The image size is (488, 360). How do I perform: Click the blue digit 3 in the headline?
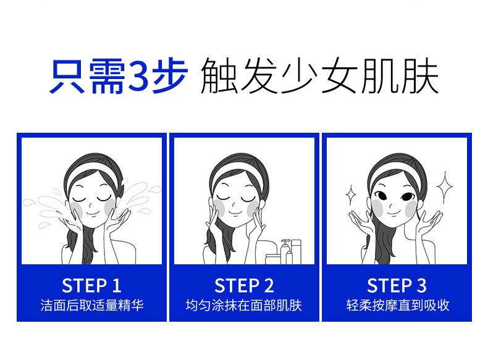138,75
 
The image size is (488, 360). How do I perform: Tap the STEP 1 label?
91,285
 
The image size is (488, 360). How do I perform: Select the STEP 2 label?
244,285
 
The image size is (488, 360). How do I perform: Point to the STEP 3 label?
397,285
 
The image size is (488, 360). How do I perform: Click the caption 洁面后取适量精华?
92,306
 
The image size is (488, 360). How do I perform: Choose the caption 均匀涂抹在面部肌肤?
243,306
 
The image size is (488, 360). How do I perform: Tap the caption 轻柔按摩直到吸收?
398,306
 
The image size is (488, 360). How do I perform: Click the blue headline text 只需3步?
119,75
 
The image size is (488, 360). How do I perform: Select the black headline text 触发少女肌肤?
319,75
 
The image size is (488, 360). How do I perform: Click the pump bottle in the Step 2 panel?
285,251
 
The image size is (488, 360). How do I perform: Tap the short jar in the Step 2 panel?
272,259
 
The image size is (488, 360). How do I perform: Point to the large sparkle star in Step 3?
444,186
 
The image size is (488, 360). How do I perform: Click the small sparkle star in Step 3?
351,195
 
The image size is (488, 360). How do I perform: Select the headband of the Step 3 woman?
395,171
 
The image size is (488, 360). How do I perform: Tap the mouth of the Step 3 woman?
393,213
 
